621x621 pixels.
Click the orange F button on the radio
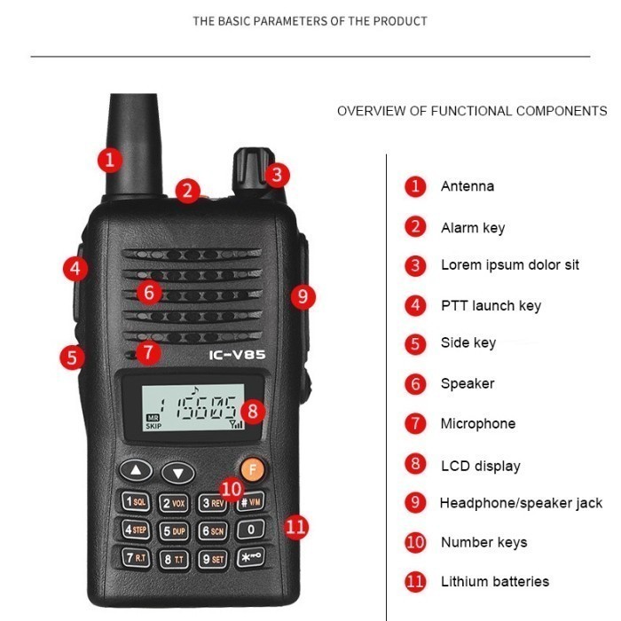252,469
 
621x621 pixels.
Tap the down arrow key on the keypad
178,473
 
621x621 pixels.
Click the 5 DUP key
174,531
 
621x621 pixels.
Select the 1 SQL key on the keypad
136,502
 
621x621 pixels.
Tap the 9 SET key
212,559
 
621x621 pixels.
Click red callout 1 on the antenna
109,160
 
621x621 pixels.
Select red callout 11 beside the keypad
295,527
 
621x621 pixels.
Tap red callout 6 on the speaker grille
149,291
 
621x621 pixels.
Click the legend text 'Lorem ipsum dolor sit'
509,265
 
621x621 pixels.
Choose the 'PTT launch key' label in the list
491,306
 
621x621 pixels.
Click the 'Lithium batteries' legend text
494,582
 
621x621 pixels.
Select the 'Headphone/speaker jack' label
521,503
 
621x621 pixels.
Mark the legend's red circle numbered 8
415,464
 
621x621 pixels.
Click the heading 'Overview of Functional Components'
472,112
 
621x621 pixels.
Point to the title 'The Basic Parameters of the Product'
310,20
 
